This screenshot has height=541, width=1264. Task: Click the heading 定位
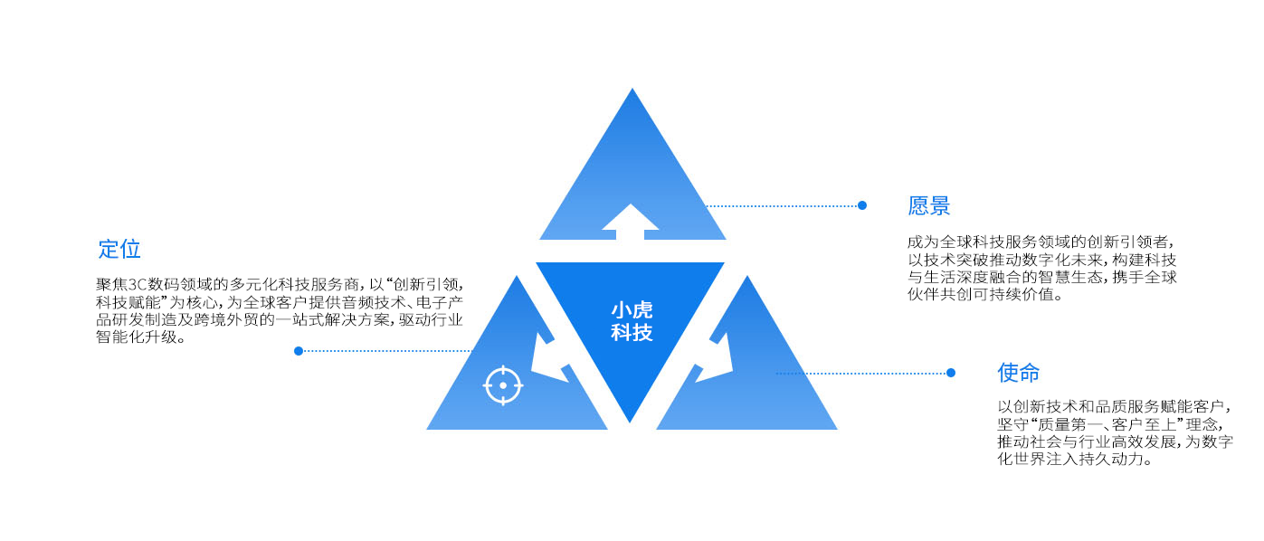[119, 249]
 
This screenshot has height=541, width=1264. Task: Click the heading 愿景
[929, 206]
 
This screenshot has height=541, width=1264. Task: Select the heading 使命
[1018, 373]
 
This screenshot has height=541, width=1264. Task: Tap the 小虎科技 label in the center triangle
[632, 321]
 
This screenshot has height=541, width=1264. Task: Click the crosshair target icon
[503, 386]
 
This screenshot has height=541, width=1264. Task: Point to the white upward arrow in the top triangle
[630, 222]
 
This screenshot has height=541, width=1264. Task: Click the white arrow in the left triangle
[547, 359]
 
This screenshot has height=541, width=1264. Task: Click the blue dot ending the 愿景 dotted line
[861, 205]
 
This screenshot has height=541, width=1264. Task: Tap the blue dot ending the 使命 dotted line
[951, 373]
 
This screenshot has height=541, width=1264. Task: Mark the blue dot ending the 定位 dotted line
[299, 351]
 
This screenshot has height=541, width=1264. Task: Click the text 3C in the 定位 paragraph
[138, 284]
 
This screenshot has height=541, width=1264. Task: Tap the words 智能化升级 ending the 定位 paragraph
[137, 337]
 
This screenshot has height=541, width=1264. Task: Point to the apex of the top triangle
[632, 89]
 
